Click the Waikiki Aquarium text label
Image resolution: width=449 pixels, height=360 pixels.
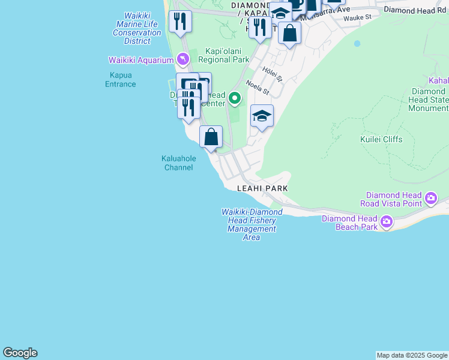(140, 60)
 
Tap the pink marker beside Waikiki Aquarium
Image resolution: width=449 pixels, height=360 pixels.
(183, 59)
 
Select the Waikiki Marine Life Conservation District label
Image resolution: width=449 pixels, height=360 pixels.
(137, 28)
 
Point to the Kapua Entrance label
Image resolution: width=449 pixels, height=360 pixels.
(121, 80)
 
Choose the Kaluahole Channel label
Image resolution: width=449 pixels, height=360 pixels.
(178, 163)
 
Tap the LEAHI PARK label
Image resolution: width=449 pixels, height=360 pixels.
(262, 188)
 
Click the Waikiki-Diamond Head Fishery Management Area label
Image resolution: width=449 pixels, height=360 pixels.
(252, 224)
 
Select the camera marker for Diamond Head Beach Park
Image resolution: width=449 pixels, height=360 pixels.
(386, 222)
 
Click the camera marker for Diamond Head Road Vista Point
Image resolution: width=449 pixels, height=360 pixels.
(430, 198)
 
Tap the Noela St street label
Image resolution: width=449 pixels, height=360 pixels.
(258, 88)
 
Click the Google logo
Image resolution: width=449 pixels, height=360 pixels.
(20, 353)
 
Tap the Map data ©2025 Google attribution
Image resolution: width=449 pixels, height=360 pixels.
(412, 355)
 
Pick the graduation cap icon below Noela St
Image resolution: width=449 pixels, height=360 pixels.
(262, 116)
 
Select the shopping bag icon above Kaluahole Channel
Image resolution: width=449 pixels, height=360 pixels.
(211, 137)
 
